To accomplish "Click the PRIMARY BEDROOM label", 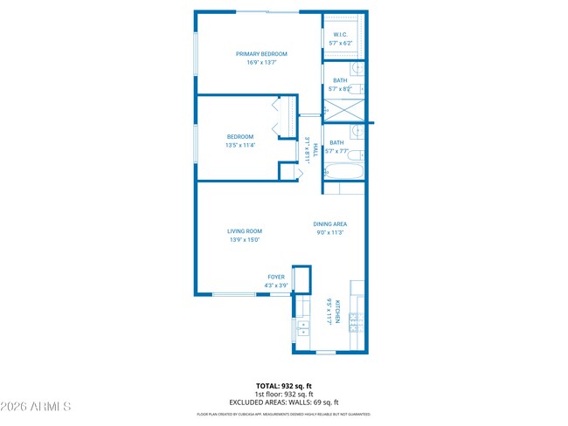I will (x=261, y=54).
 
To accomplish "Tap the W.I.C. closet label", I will (x=341, y=35).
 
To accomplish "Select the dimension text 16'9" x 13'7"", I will (x=261, y=63).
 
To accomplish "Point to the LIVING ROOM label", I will (x=245, y=231).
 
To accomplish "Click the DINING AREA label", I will (x=329, y=224).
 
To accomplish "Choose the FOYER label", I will (x=276, y=277).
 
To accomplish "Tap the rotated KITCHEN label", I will (x=329, y=312).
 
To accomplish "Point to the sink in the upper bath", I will (x=358, y=69).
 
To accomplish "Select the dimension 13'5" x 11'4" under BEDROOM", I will (x=240, y=145).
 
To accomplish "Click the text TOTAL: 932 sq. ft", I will (x=284, y=385).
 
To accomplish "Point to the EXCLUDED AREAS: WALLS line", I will (x=284, y=402).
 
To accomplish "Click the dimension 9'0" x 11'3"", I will (x=329, y=233).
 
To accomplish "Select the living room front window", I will (x=234, y=294).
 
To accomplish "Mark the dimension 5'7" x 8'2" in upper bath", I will (x=340, y=88).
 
